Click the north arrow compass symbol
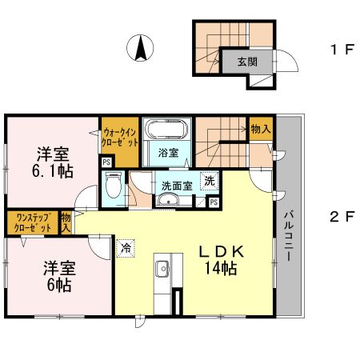pos(140,48)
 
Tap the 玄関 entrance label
pos(248,62)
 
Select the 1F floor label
pos(342,50)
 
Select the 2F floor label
pos(342,217)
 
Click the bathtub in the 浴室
pos(167,130)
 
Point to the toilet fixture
pos(114,185)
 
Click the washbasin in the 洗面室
pos(168,199)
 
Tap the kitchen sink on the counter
pos(162,269)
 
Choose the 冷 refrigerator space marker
pos(126,248)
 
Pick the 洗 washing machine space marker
pos(210,181)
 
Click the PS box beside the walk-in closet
pos(106,162)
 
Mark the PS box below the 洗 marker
pos(214,202)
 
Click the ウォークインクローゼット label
pos(120,138)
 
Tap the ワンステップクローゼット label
pos(33,222)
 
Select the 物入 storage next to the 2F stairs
pos(261,129)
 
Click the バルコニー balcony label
pos(289,236)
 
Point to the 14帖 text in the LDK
pos(221,268)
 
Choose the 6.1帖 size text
pos(53,171)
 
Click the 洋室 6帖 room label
pos(59,276)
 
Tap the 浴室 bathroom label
pos(168,153)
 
